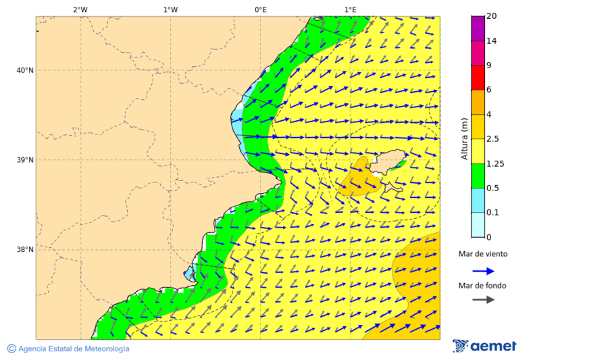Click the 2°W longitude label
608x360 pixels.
(x=80, y=9)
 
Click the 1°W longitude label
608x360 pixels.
(x=170, y=9)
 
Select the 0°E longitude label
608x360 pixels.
(x=260, y=9)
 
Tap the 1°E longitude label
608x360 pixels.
(x=350, y=9)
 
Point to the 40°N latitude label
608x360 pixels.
(x=24, y=70)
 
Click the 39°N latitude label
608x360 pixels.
(x=24, y=160)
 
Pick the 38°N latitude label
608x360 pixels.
(x=24, y=250)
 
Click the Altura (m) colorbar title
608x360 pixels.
(x=465, y=138)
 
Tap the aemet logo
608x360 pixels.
(x=484, y=346)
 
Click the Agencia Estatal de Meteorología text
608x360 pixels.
(x=73, y=349)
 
